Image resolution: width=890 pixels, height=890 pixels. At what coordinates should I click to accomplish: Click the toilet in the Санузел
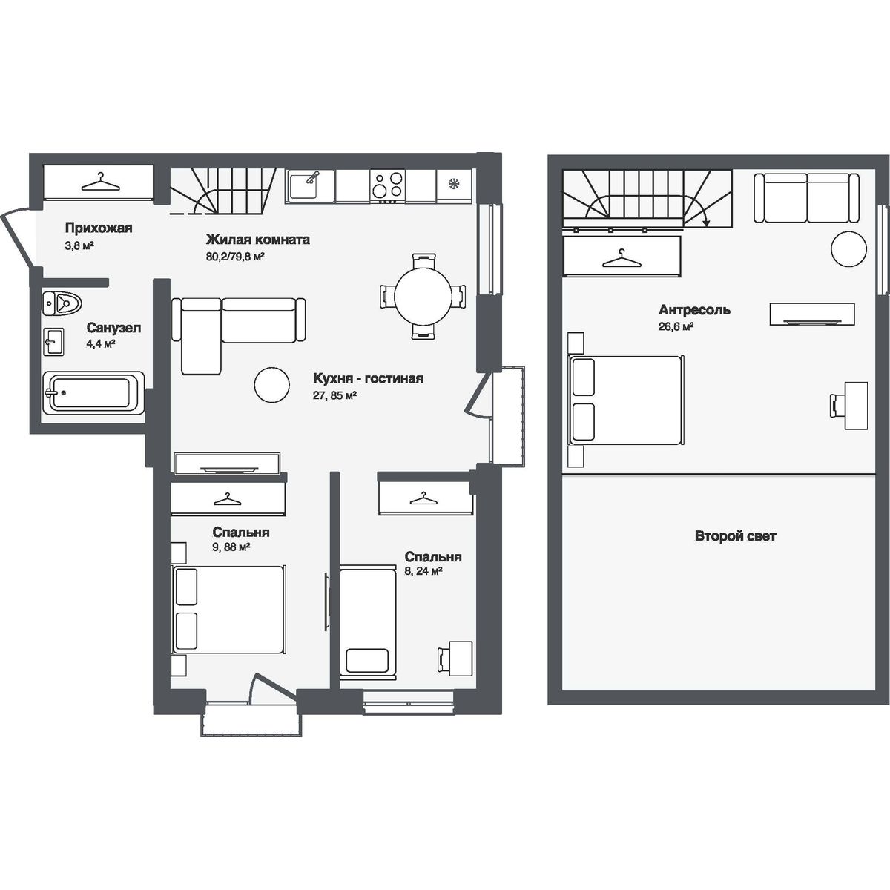click(x=62, y=303)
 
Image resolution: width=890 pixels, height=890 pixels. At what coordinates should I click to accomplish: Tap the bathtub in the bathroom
click(x=93, y=392)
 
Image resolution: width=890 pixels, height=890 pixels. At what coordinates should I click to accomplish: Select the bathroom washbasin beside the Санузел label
click(x=53, y=341)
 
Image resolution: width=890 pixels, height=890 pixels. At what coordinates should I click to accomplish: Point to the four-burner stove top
click(x=387, y=185)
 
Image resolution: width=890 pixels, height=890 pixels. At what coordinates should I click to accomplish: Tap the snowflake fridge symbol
click(x=454, y=184)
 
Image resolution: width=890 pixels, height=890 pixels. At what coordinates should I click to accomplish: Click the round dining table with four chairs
click(x=423, y=297)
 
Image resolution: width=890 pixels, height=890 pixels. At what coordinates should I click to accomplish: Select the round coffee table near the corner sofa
click(x=272, y=385)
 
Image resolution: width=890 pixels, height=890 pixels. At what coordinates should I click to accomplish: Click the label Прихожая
click(x=99, y=228)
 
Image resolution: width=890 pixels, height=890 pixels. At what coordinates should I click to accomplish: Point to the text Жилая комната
click(x=257, y=240)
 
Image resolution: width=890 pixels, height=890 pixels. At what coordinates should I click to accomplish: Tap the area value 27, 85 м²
click(x=334, y=395)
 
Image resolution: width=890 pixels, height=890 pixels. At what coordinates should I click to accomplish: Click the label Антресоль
click(x=694, y=309)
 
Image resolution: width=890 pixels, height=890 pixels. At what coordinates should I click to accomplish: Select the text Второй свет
click(x=735, y=536)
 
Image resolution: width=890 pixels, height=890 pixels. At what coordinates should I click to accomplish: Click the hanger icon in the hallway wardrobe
click(x=100, y=182)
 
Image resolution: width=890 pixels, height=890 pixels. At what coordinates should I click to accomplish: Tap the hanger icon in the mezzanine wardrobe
click(x=622, y=259)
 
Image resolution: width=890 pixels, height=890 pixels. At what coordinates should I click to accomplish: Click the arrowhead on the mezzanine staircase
click(x=706, y=223)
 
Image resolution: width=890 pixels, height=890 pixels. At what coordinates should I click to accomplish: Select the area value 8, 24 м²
click(x=423, y=571)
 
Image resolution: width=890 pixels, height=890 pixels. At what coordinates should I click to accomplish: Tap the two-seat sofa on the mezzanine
click(x=806, y=198)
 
